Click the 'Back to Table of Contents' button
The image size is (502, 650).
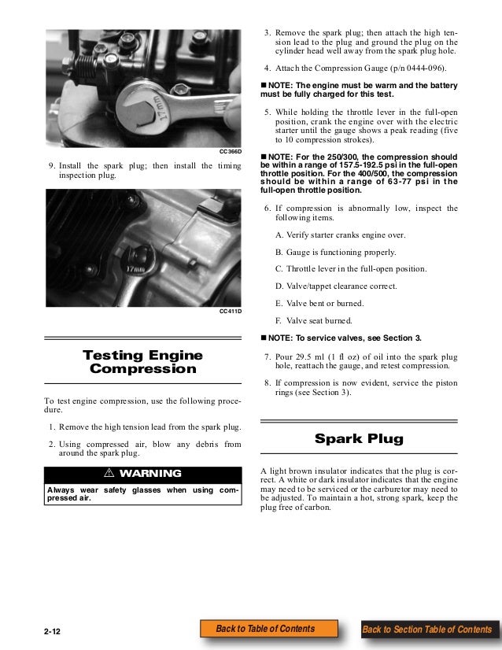pyautogui.click(x=265, y=629)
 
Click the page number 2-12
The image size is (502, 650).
pyautogui.click(x=55, y=630)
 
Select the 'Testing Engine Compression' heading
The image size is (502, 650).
pyautogui.click(x=143, y=362)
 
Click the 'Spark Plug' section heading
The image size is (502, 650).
pyautogui.click(x=359, y=438)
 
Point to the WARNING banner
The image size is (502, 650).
pyautogui.click(x=143, y=474)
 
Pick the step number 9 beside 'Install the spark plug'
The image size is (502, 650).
pyautogui.click(x=51, y=166)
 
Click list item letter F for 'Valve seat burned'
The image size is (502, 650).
pyautogui.click(x=278, y=320)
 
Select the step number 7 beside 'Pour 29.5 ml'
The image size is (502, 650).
pyautogui.click(x=268, y=356)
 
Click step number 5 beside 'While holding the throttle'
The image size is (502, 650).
pyautogui.click(x=268, y=113)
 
